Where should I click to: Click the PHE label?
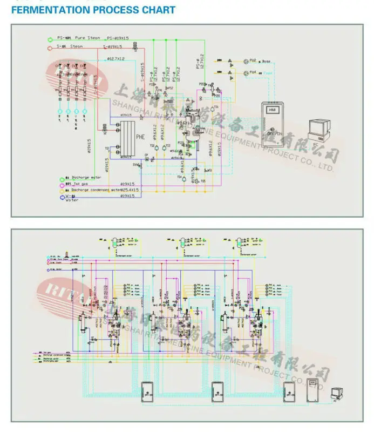(139, 136)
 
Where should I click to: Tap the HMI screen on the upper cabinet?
(271, 110)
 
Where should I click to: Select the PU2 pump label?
(253, 60)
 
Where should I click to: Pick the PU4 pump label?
(253, 71)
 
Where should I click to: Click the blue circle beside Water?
(60, 198)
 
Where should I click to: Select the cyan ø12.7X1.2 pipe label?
(115, 58)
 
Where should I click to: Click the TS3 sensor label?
(168, 145)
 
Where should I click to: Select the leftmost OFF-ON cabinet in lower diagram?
(146, 391)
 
